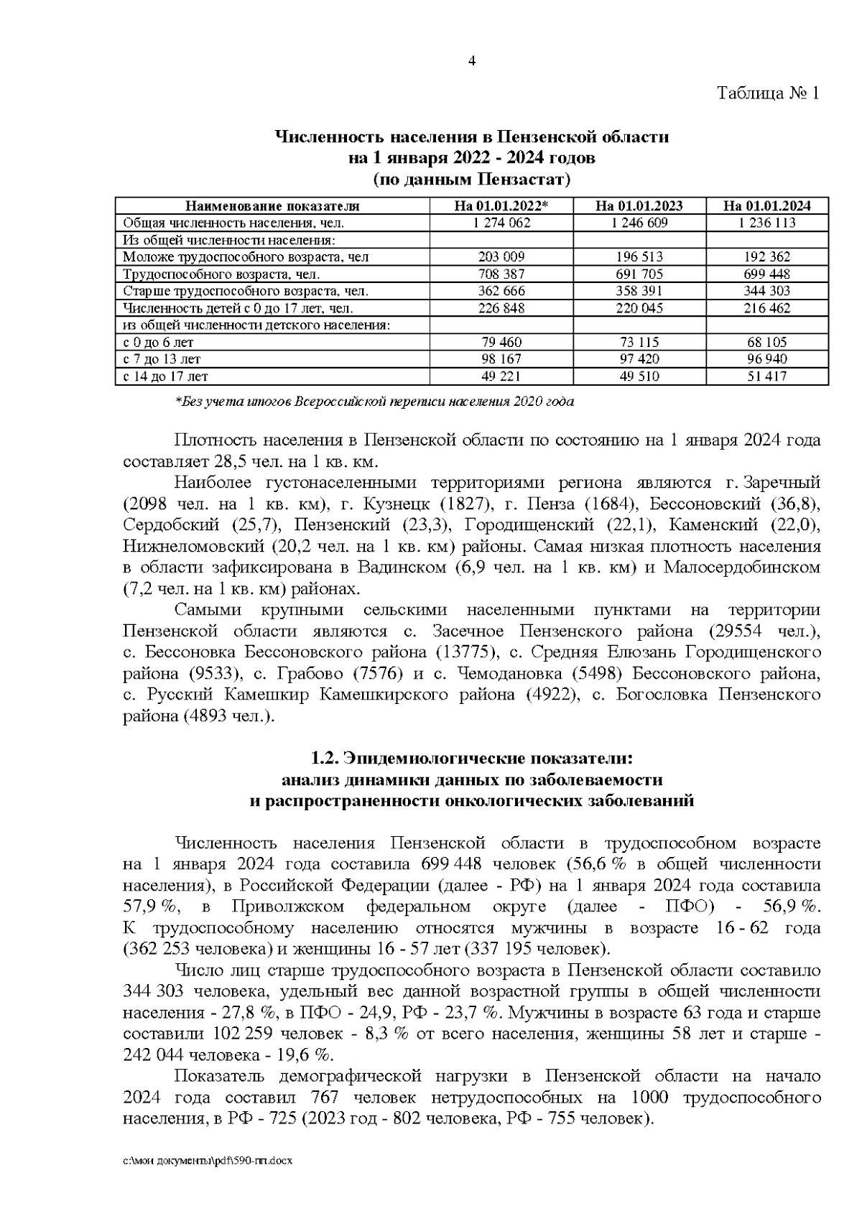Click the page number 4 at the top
tap(472, 61)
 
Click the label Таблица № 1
tap(768, 93)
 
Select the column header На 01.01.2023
tap(639, 206)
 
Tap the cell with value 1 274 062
tap(501, 223)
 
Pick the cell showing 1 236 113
tap(766, 223)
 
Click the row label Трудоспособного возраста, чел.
tap(221, 274)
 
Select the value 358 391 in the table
tap(639, 291)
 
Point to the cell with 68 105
tap(766, 343)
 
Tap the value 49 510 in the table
tap(639, 376)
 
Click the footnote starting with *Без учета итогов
tap(374, 402)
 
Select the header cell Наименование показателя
tap(272, 206)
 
